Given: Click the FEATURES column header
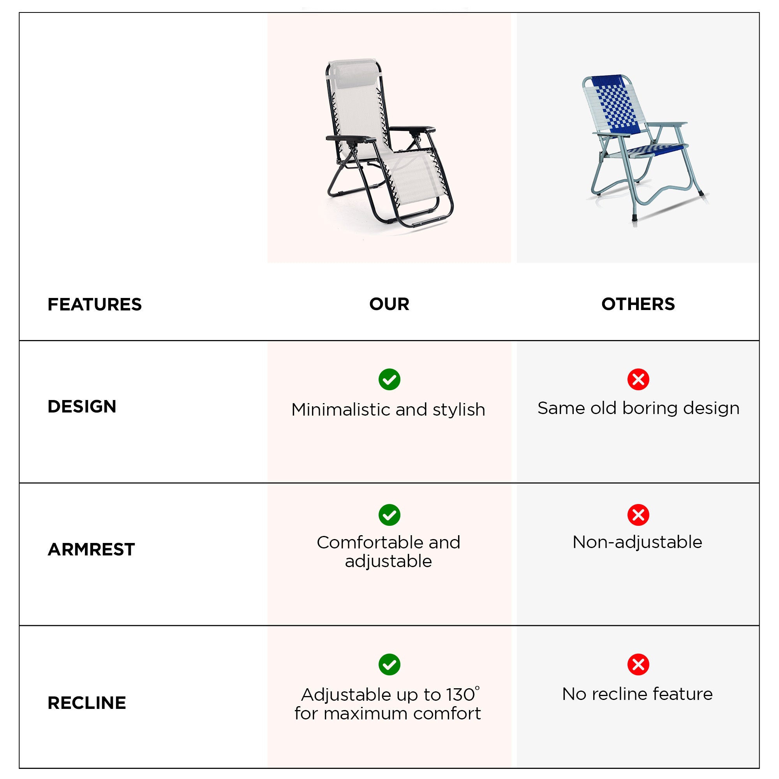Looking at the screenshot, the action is [x=95, y=305].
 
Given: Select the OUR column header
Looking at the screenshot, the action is [x=389, y=304].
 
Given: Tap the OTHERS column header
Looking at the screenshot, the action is [x=638, y=304].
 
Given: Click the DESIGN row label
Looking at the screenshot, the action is [x=82, y=406].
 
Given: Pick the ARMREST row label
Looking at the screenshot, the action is [x=91, y=549].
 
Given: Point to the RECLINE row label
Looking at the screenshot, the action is [x=87, y=703].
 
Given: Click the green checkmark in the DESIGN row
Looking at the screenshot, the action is [x=389, y=379].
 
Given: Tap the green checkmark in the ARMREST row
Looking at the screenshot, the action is [x=389, y=515].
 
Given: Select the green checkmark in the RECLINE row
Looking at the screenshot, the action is [x=389, y=664].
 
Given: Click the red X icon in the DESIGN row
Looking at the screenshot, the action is [x=638, y=379].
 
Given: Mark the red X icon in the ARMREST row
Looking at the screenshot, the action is [x=638, y=515].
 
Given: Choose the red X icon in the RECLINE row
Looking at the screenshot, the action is [x=638, y=664].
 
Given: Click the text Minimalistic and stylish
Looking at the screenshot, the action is [x=388, y=410].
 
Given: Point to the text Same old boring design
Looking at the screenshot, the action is [x=638, y=409].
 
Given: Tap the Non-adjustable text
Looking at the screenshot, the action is [x=638, y=542].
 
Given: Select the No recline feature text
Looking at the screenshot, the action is [x=638, y=694].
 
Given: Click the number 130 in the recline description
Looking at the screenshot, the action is [x=460, y=695].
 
